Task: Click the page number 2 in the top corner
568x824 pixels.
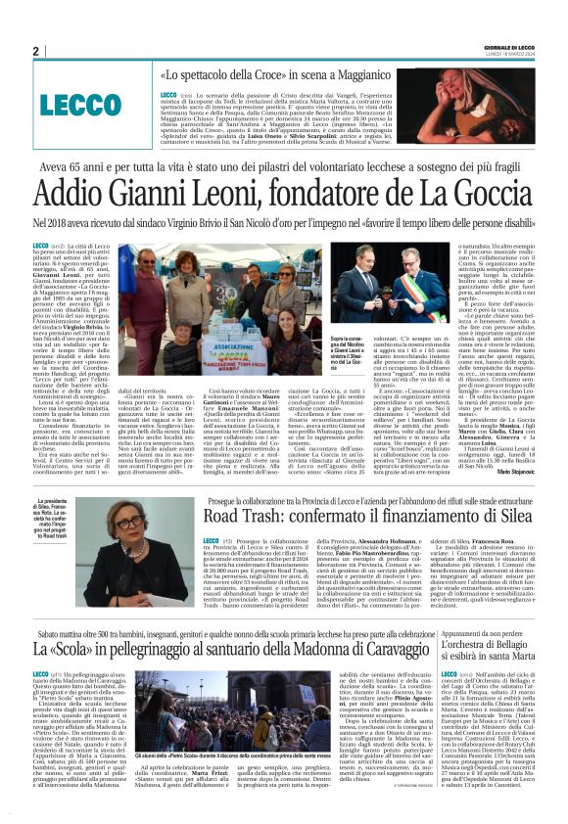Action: (34, 51)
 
